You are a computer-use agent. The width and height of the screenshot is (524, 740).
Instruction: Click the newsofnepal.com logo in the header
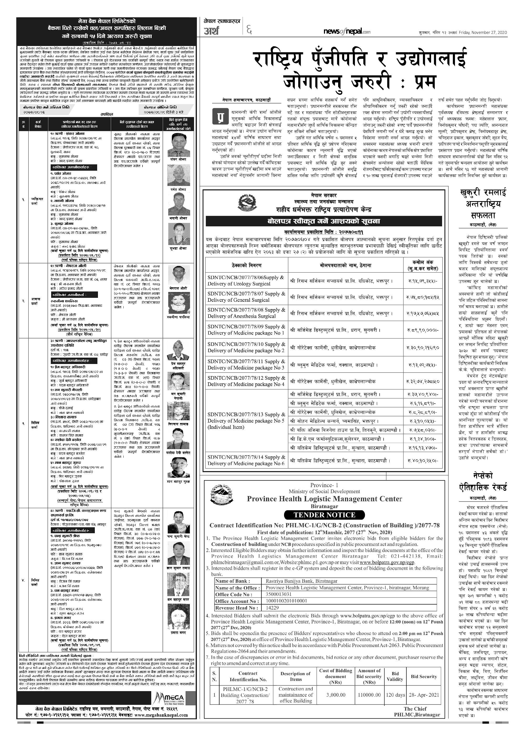(x=347, y=31)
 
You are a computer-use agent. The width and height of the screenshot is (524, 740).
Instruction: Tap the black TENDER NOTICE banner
(x=324, y=515)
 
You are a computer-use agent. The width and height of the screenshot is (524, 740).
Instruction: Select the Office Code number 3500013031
(x=279, y=594)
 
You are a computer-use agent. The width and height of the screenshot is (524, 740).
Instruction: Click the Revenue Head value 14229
(x=272, y=608)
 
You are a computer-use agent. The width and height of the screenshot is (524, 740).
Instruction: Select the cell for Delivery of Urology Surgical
(x=246, y=280)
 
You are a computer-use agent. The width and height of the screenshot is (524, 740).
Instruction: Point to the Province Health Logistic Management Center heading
(x=324, y=499)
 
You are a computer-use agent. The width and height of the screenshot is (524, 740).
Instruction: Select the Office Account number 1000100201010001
(x=286, y=601)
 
